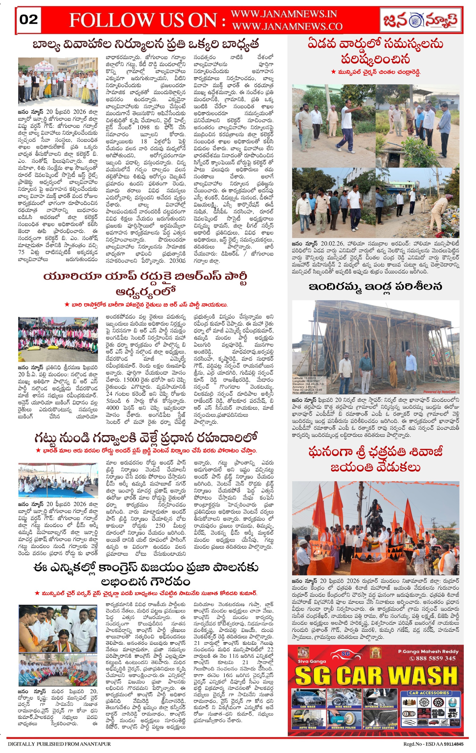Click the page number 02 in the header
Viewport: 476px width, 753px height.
(28, 20)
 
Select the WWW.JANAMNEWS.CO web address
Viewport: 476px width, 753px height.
(287, 27)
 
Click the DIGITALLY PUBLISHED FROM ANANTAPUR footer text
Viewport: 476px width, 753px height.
(59, 744)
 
